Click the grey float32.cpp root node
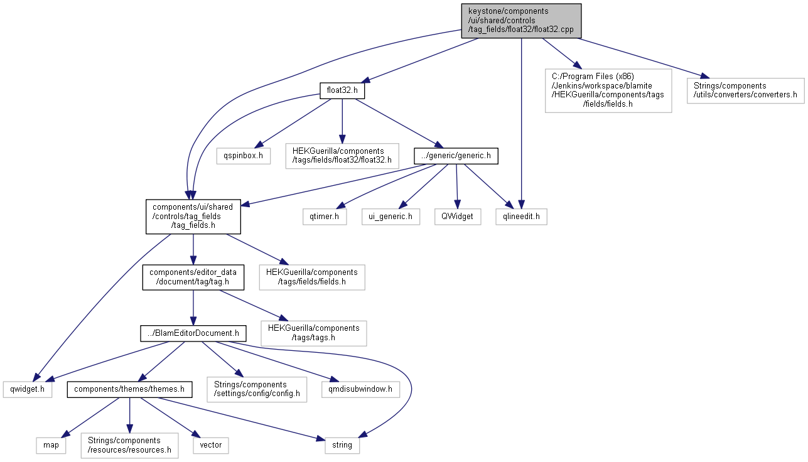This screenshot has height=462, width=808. (521, 21)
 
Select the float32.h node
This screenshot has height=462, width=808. (342, 90)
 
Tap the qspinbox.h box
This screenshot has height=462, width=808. (243, 156)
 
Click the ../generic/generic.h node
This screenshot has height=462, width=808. (456, 156)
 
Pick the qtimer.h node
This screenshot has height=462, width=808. (325, 217)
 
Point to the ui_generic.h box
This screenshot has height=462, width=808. (391, 217)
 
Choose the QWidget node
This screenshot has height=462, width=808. (458, 217)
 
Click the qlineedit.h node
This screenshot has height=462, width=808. (521, 217)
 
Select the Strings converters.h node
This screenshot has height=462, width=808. (746, 90)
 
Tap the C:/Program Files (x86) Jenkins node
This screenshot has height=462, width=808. (608, 90)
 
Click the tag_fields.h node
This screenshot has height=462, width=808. (193, 217)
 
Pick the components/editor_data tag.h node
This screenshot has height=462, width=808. (193, 277)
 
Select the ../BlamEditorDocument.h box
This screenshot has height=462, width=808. (193, 333)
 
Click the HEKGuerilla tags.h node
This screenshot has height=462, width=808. (313, 333)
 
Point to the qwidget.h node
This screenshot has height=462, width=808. (28, 390)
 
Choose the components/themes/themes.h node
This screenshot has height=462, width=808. (129, 390)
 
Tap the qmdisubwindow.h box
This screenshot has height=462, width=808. (360, 390)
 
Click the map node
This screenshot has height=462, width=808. (51, 446)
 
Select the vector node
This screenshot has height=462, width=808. (211, 446)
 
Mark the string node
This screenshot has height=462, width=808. (342, 446)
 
